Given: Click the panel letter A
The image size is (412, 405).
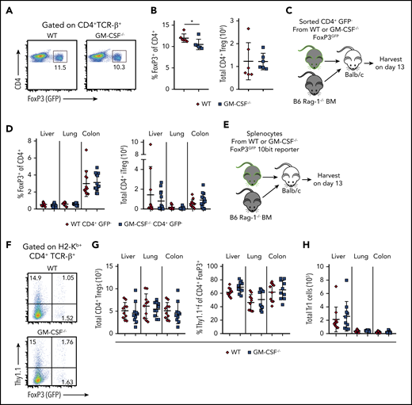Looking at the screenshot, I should click(x=6, y=6).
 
